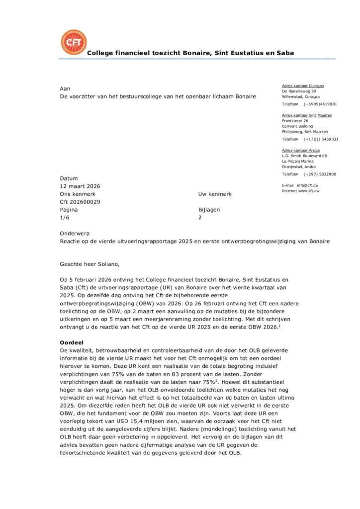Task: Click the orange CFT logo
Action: tap(73, 43)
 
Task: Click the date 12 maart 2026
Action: tap(80, 186)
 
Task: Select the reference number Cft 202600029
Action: tap(80, 202)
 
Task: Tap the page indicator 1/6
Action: tap(65, 218)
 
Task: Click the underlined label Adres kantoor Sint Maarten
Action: tap(307, 115)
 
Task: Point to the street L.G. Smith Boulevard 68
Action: tap(304, 156)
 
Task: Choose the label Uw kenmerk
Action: tap(215, 194)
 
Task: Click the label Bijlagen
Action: tap(209, 210)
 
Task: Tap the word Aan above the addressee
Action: tap(65, 88)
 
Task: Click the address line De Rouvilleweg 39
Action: tap(299, 91)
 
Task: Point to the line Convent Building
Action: tap(297, 126)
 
